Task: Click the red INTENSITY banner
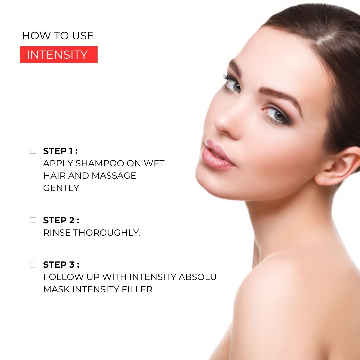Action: coord(59,54)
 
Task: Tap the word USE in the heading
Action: coord(83,36)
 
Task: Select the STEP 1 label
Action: coord(60,151)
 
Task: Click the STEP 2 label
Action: coord(61,220)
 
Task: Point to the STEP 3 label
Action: coord(61,265)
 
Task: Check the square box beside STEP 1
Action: coord(33,151)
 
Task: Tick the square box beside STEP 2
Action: coord(33,220)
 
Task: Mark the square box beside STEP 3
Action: coord(33,264)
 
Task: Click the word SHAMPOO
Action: coord(100,163)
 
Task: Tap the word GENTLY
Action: coord(61,188)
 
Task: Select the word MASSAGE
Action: coord(114,176)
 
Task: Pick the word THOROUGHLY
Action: coord(107,233)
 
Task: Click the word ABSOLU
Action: coord(197,277)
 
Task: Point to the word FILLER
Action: coord(137,290)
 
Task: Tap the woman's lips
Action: coord(217,155)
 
